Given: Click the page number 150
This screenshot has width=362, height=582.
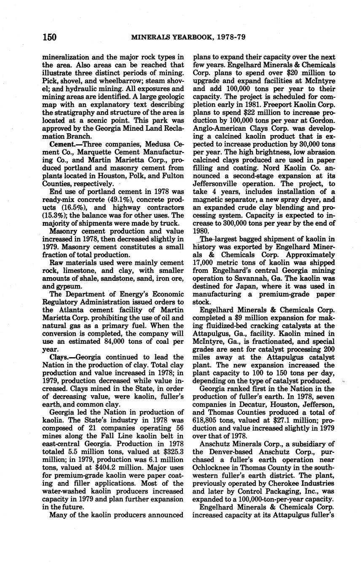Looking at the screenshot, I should click(49, 37).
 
